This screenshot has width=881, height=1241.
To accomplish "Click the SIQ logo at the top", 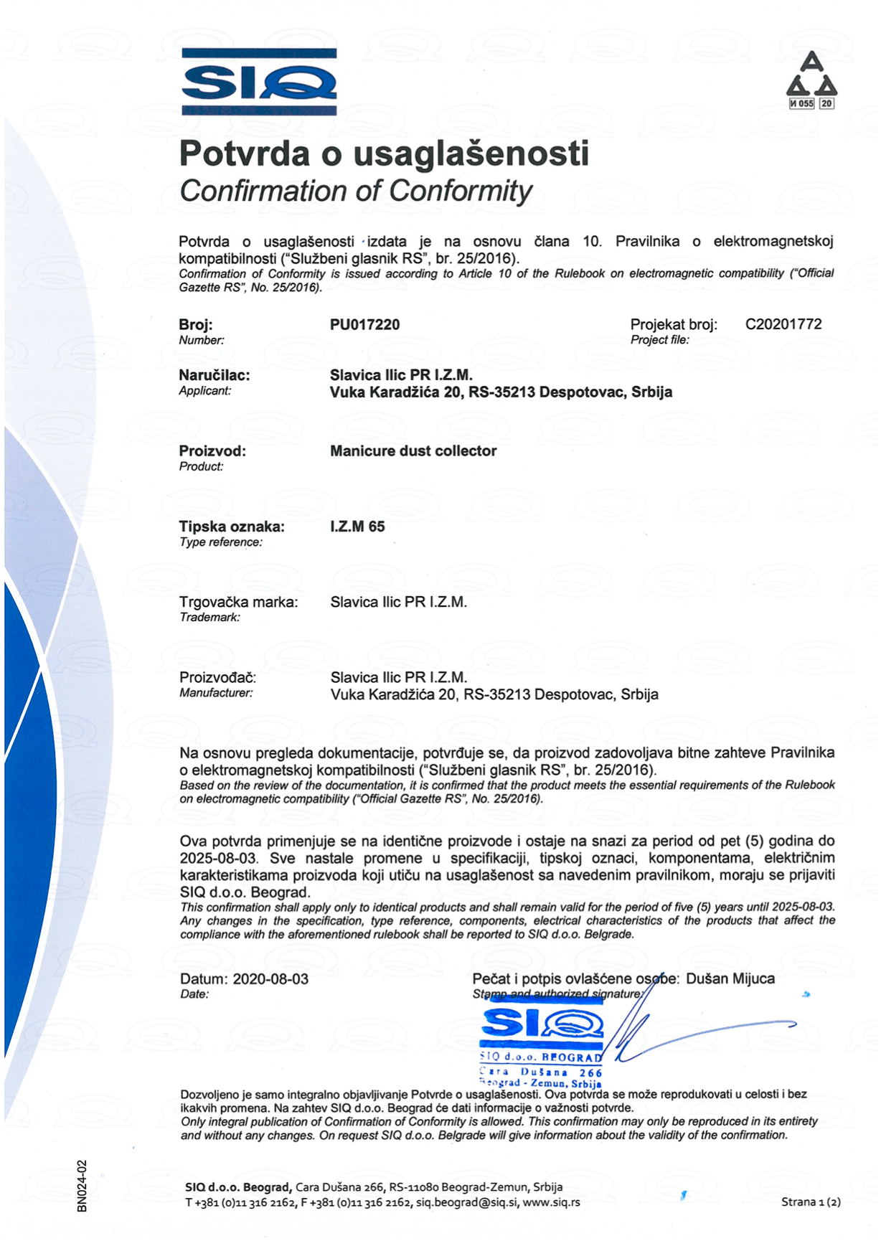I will pyautogui.click(x=259, y=82).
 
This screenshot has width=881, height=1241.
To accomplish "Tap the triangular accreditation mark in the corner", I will pyautogui.click(x=811, y=80).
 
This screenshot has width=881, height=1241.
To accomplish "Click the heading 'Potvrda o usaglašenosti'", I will pyautogui.click(x=384, y=154).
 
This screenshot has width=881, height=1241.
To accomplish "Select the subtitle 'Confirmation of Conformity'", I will pyautogui.click(x=356, y=192).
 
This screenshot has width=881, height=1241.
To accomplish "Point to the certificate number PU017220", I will pyautogui.click(x=364, y=325).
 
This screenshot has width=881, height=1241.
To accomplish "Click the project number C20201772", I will pyautogui.click(x=783, y=324).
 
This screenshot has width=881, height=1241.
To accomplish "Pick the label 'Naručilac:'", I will pyautogui.click(x=215, y=375).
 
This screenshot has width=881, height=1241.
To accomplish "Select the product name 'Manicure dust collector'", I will pyautogui.click(x=413, y=451).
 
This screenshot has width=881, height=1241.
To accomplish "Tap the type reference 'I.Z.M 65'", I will pyautogui.click(x=357, y=527).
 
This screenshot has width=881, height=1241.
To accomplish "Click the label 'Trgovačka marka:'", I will pyautogui.click(x=238, y=603).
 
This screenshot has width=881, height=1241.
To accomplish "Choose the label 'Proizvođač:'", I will pyautogui.click(x=217, y=678).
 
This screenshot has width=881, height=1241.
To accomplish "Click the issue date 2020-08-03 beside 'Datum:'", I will pyautogui.click(x=270, y=979).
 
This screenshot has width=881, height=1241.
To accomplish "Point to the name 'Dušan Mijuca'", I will pyautogui.click(x=730, y=979).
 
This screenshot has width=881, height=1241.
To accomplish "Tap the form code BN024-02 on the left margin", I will pyautogui.click(x=82, y=1186).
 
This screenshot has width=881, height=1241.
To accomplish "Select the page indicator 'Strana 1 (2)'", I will pyautogui.click(x=811, y=1202).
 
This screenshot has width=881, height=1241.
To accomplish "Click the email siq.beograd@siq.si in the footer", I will pyautogui.click(x=466, y=1202).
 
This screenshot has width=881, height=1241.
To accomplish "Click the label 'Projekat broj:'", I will pyautogui.click(x=673, y=325).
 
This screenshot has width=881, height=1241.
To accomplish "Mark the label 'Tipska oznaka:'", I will pyautogui.click(x=232, y=527).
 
